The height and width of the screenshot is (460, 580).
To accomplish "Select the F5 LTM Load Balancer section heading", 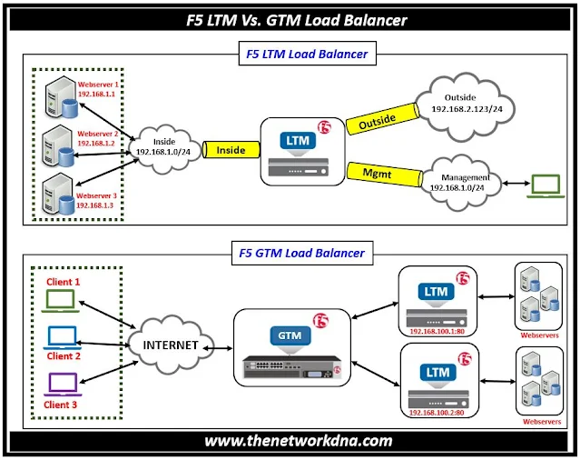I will (307, 55).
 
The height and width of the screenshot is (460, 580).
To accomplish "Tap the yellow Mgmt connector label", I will (377, 170).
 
